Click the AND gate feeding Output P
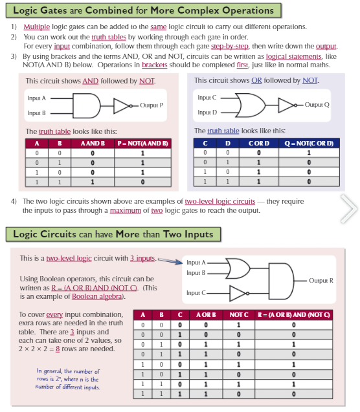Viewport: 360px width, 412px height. pos(87,106)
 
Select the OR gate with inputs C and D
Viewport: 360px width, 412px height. pos(251,105)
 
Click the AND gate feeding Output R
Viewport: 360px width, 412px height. pos(281,281)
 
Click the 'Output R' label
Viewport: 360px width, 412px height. pos(321,281)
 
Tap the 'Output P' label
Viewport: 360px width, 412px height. pos(152,105)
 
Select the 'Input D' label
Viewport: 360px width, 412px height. pos(207,113)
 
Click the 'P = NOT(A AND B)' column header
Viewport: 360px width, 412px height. pos(143,144)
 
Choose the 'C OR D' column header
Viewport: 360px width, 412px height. pos(259,143)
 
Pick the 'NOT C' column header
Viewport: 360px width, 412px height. pos(239,315)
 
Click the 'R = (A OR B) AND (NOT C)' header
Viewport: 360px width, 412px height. pos(294,315)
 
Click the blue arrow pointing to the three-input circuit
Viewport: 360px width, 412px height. pos(170,261)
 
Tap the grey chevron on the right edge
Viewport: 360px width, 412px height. pos(349,209)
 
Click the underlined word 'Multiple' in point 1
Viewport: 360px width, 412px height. pos(36,27)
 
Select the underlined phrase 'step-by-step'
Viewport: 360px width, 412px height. pos(230,47)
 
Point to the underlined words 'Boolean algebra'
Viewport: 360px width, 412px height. pos(96,297)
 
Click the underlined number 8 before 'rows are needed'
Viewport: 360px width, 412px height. pos(58,349)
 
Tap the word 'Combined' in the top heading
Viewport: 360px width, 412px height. pos(109,10)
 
